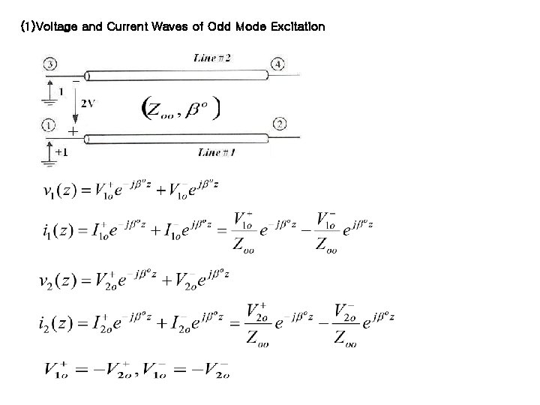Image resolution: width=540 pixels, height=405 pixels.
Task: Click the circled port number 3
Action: [49, 64]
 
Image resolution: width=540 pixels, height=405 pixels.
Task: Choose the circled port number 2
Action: [280, 123]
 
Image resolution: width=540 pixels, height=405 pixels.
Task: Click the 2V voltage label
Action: [88, 103]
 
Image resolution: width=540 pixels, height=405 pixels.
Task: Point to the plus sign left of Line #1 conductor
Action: [72, 131]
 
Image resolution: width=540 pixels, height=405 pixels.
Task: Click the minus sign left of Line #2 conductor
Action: [76, 79]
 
